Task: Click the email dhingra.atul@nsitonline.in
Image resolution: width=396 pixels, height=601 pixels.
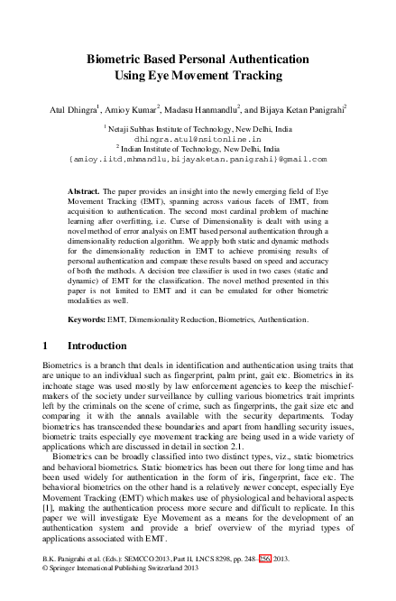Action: point(198,140)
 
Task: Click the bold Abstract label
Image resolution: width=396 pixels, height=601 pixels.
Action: point(85,192)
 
